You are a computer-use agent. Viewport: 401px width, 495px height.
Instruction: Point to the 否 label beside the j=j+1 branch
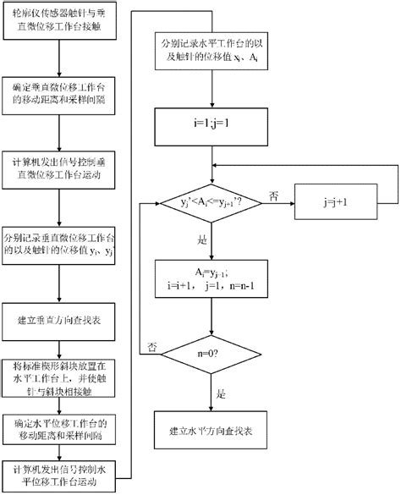pos(273,194)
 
